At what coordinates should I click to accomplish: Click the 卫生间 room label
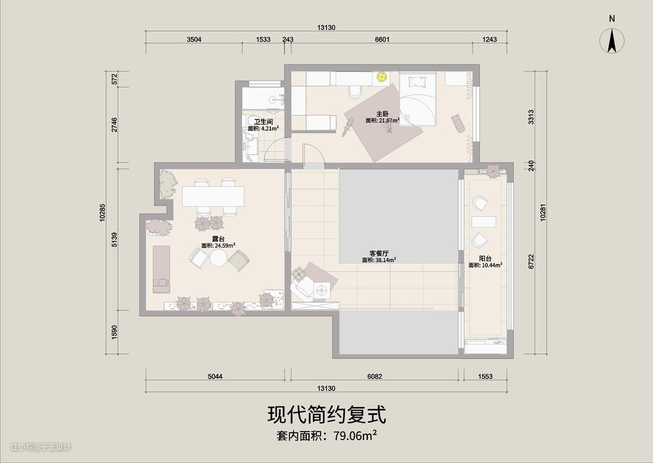click(263, 122)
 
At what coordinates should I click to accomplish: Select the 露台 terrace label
click(218, 239)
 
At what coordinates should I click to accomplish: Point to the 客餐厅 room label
click(379, 253)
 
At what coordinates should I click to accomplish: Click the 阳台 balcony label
click(485, 258)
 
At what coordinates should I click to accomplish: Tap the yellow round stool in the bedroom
click(382, 77)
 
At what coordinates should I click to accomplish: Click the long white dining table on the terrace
click(213, 196)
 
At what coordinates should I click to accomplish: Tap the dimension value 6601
click(382, 39)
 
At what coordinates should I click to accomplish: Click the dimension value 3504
click(194, 39)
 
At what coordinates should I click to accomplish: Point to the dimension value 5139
click(114, 240)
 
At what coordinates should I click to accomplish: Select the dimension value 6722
click(531, 261)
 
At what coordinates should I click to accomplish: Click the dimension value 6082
click(374, 376)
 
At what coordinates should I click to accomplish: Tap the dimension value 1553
click(485, 376)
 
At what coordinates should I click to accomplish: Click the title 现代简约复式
click(326, 414)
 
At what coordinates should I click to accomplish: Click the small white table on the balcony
click(484, 222)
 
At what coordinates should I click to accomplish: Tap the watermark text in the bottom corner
click(41, 447)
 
